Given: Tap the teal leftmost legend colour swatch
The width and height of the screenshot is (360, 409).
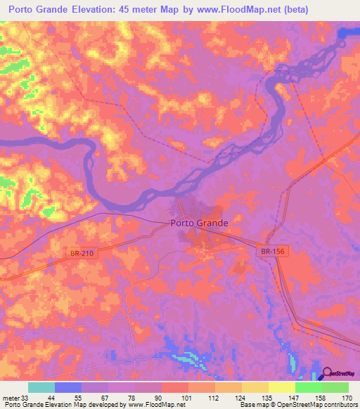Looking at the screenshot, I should click(x=41, y=387).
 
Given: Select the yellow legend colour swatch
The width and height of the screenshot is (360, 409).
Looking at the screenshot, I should click(x=281, y=387).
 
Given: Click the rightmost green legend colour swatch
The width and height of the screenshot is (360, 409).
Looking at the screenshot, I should click(x=335, y=387).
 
